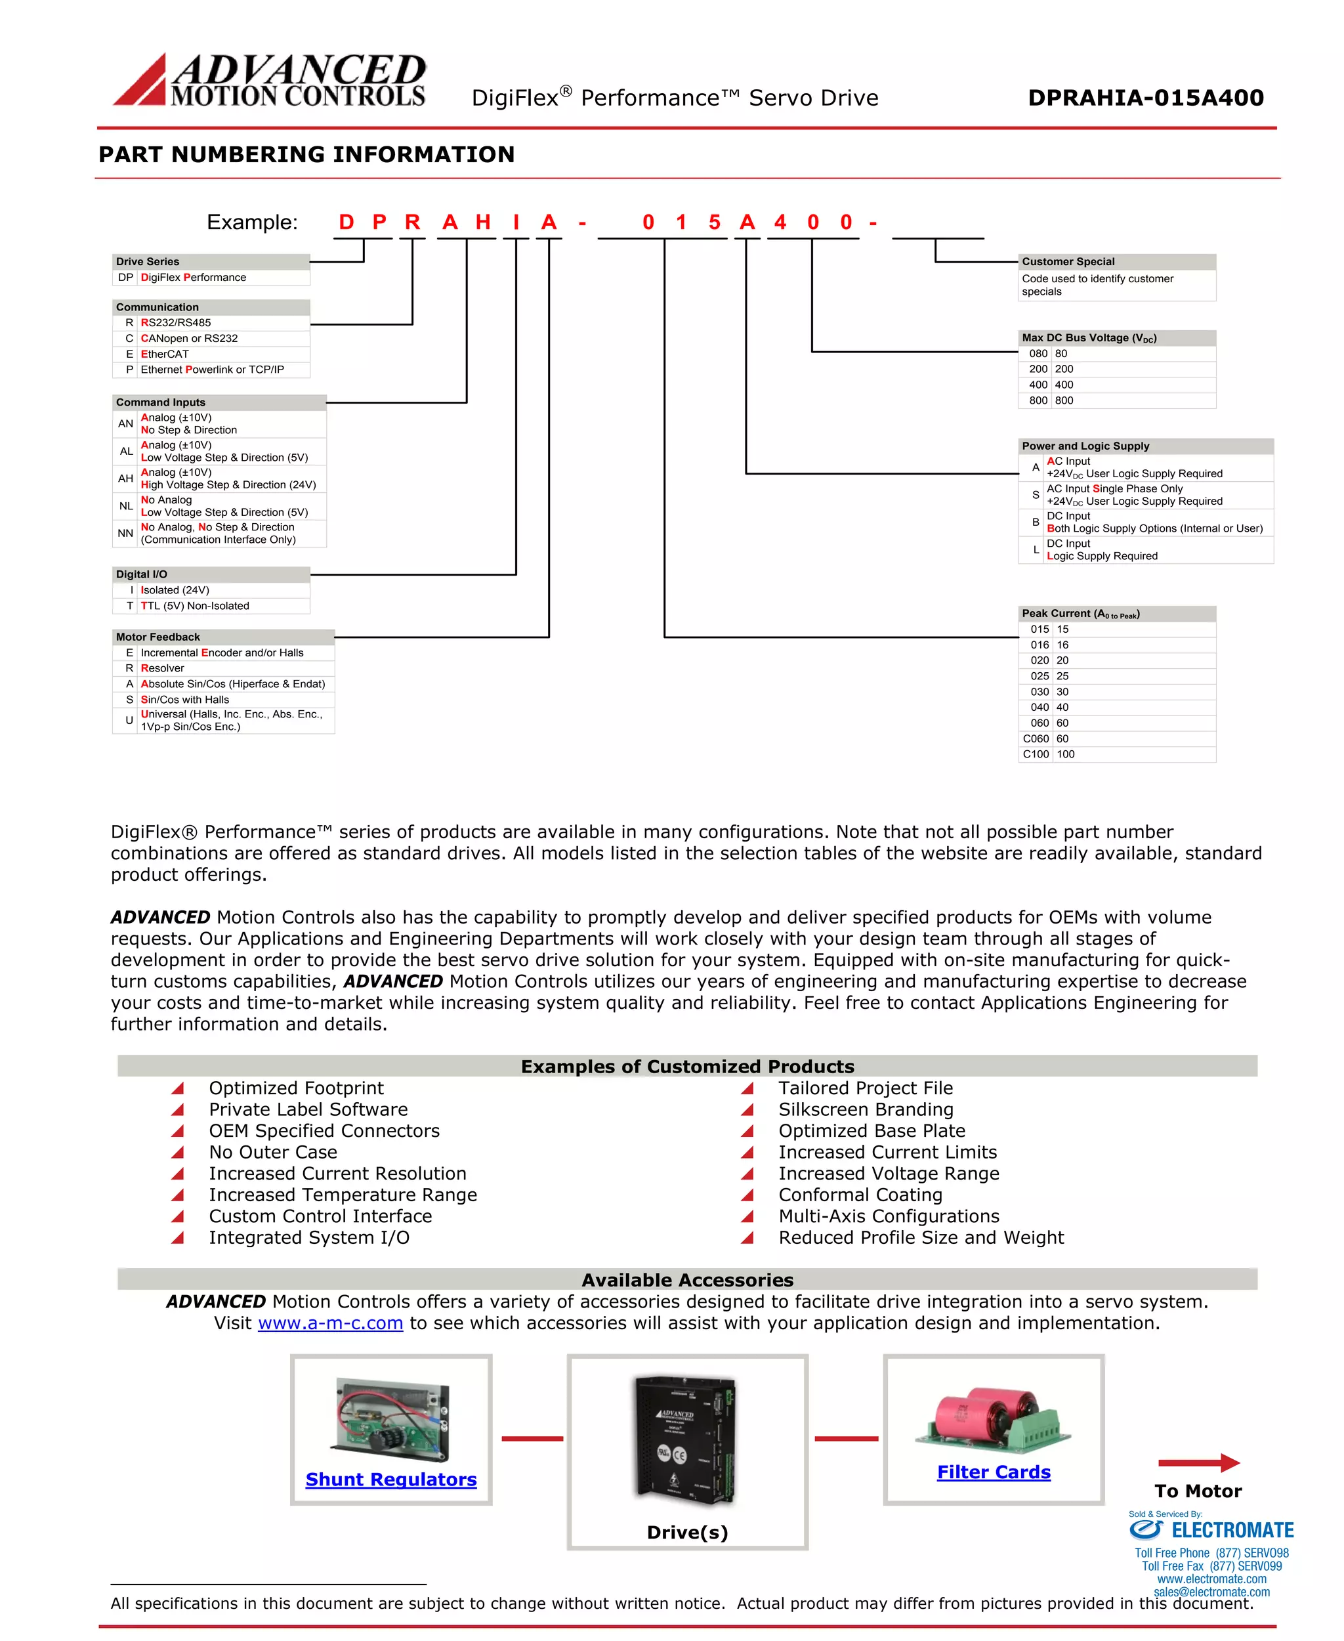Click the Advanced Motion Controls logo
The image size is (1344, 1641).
pos(270,80)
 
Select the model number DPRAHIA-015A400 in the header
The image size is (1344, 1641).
pos(1145,98)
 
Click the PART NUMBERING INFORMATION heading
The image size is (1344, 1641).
pos(306,154)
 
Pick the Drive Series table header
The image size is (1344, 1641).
pos(211,262)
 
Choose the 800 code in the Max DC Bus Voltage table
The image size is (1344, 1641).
pos(1038,400)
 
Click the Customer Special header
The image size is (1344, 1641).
pos(1116,262)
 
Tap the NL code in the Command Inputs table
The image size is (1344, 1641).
pos(125,505)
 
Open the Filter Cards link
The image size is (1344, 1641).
pos(994,1472)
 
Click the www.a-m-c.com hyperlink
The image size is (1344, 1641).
pos(331,1323)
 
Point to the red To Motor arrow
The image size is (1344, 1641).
pos(1198,1463)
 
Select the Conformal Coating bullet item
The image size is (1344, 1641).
pos(860,1195)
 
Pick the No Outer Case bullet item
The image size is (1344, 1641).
pos(272,1153)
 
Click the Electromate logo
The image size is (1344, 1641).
pos(1210,1530)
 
